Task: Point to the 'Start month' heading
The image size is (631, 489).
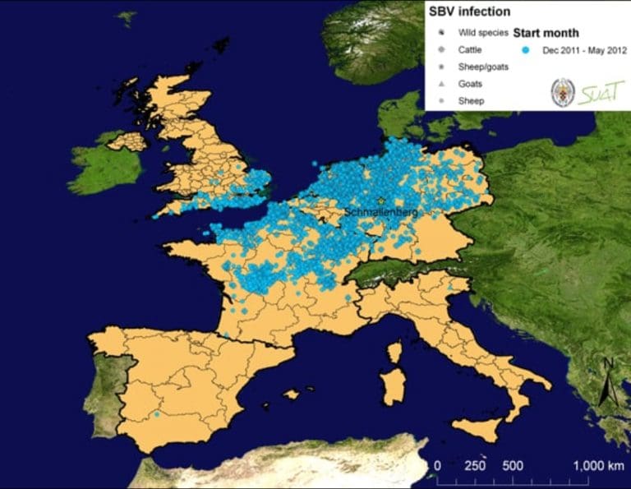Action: (x=546, y=34)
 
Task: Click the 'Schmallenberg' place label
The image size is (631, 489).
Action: (x=381, y=212)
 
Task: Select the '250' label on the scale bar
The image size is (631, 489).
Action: (x=475, y=465)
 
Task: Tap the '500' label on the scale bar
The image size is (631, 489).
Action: (x=514, y=465)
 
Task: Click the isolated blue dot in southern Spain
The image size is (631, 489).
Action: (x=156, y=414)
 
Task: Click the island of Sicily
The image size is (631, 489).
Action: (x=480, y=428)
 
